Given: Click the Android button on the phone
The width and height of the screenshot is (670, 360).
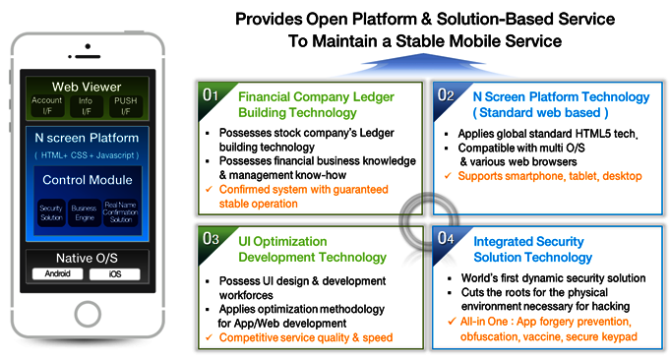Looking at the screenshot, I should (57, 274).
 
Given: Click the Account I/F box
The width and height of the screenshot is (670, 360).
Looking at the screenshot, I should (46, 104).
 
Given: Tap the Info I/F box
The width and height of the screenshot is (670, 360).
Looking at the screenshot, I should (86, 104).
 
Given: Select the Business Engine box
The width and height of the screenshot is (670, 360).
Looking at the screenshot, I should (85, 212).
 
